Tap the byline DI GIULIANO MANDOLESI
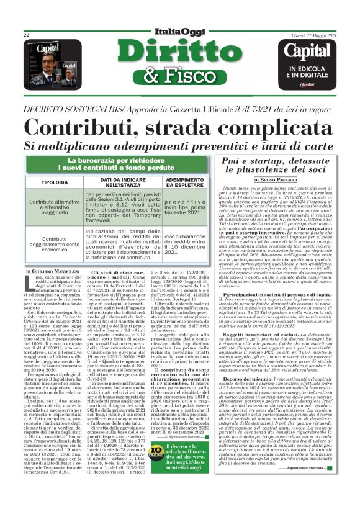click(x=54, y=272)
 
